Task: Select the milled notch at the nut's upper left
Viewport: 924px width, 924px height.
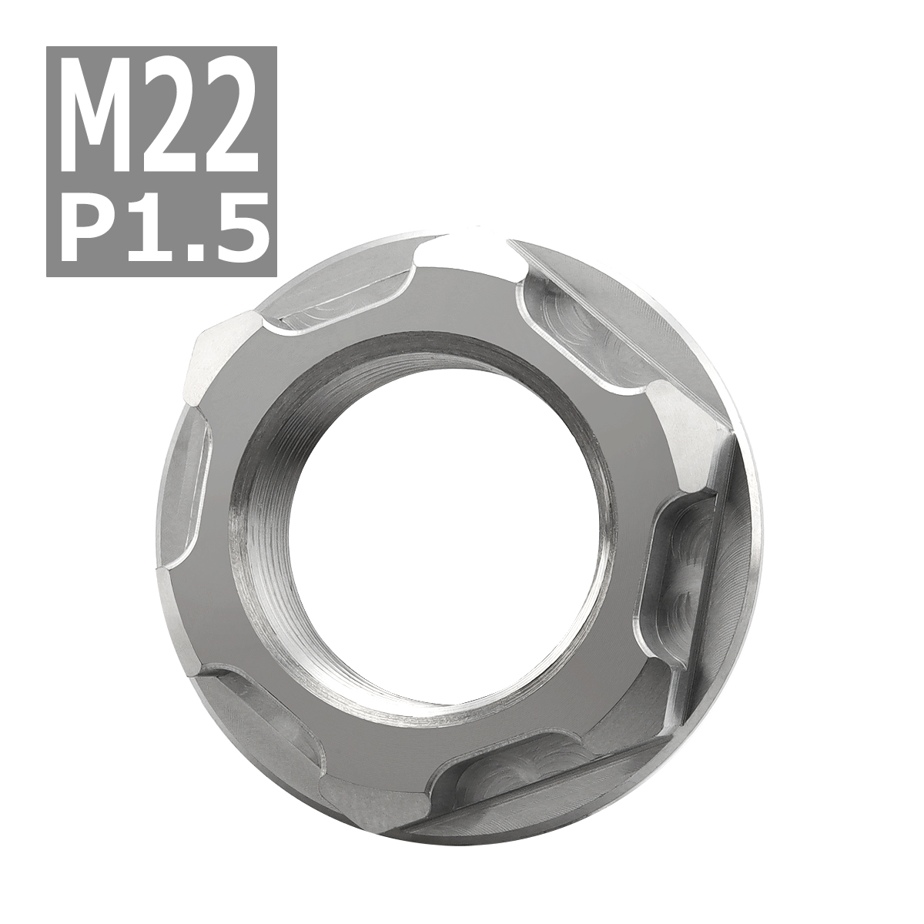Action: [331, 304]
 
